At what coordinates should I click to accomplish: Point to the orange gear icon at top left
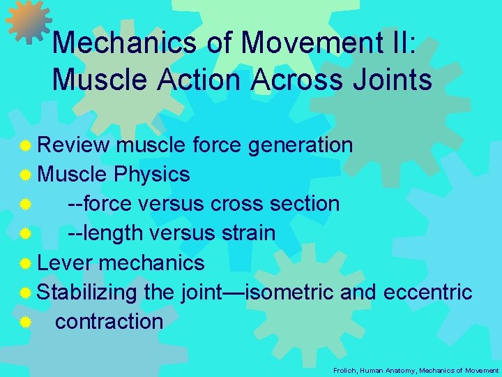(28, 21)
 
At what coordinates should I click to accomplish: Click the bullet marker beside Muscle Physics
(25, 175)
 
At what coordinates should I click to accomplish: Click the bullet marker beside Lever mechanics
(25, 263)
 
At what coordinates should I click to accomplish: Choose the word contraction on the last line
(109, 321)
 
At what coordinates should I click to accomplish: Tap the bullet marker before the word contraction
(25, 322)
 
